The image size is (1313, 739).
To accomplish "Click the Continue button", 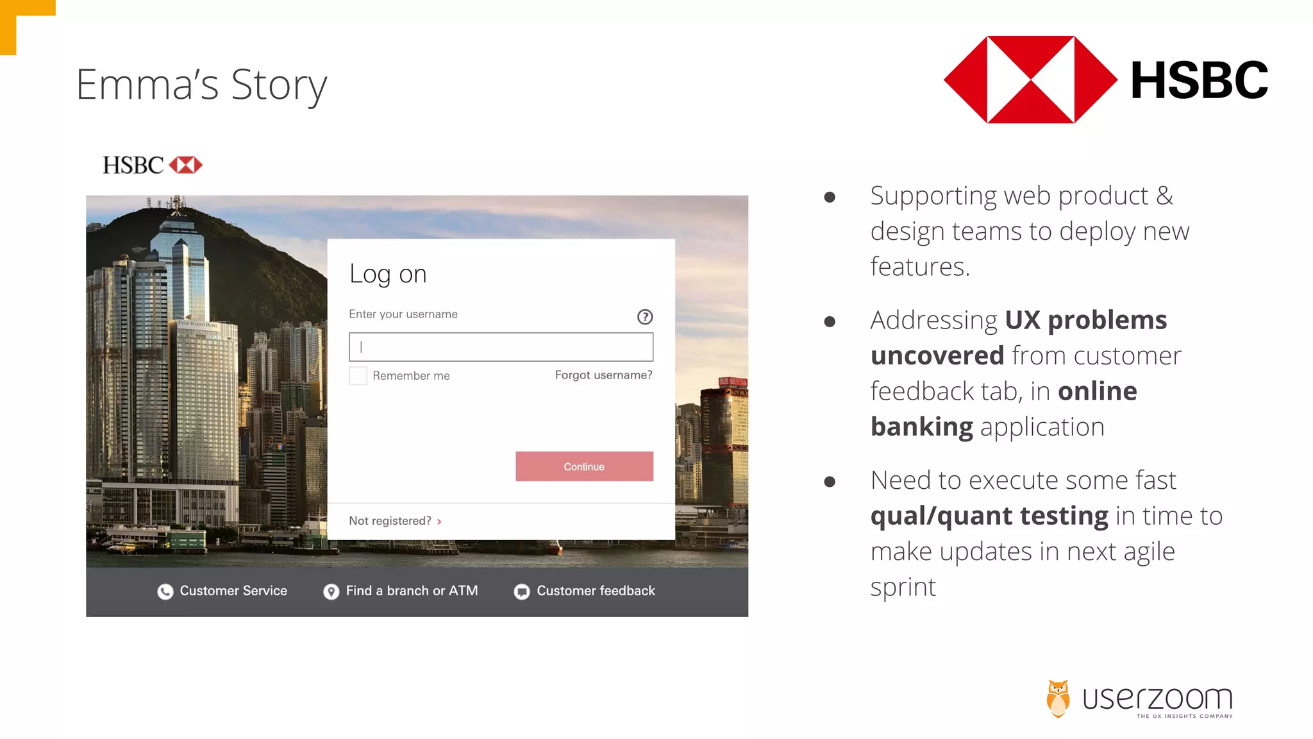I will coord(584,466).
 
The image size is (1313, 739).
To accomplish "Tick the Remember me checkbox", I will coord(358,375).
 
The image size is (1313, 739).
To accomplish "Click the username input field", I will coord(501,347).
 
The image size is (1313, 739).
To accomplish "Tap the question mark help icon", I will coord(645,317).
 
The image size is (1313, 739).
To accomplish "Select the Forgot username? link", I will coord(603,375).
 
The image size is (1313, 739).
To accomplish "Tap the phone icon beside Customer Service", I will coord(165,591).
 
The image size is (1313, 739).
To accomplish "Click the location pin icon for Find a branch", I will coord(331,591).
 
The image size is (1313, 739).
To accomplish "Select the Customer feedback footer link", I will coord(595,591).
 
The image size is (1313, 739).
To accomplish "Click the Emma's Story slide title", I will coord(201,85).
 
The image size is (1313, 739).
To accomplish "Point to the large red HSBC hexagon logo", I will coord(1030,80).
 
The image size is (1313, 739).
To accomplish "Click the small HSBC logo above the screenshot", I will coord(153,166).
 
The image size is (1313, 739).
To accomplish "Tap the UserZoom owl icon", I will coord(1058,698).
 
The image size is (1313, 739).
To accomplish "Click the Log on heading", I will coord(388,275).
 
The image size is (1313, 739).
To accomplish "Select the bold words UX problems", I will coord(1085,320).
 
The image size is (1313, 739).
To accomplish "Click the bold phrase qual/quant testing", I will coord(989,516).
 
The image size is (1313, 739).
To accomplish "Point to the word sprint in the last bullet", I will coord(903,587).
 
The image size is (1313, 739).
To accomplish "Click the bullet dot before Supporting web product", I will coord(830,197).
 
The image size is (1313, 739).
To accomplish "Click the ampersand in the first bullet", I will coord(1164,196).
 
